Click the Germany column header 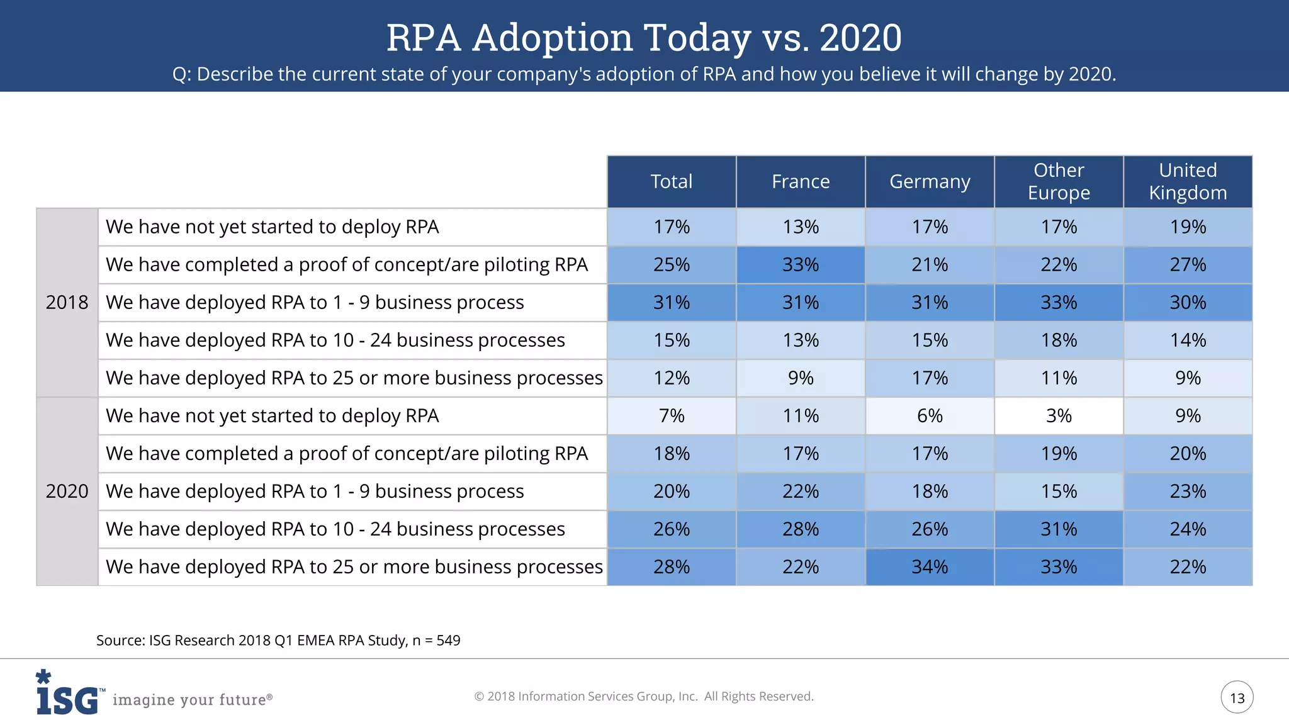[x=930, y=182]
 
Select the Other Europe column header [x=1059, y=182]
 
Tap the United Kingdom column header [x=1188, y=182]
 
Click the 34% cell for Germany [x=930, y=567]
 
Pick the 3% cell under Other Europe [x=1059, y=416]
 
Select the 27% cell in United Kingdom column [x=1188, y=265]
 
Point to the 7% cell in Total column [x=672, y=416]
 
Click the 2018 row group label [x=67, y=303]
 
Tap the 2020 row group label [x=67, y=492]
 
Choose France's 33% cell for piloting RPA [x=801, y=265]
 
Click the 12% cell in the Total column [x=672, y=378]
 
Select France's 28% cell [x=801, y=529]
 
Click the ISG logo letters [x=67, y=699]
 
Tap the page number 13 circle [x=1237, y=698]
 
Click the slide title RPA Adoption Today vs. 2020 [x=644, y=37]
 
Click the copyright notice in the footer [x=644, y=697]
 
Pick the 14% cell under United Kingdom [x=1188, y=340]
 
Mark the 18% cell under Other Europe [x=1059, y=340]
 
